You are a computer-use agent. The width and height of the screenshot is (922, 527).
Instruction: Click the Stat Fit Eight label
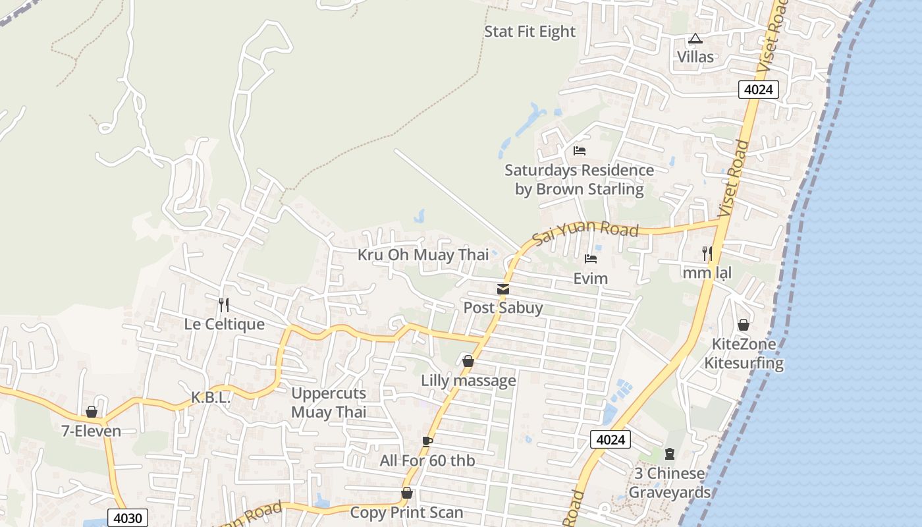coord(529,32)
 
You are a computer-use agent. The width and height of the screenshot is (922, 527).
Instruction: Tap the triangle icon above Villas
coord(695,39)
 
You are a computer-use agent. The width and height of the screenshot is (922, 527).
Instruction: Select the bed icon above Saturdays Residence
coord(580,151)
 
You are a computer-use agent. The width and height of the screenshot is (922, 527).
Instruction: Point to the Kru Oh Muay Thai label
coord(423,255)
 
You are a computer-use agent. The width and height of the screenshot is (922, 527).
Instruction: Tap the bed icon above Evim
coord(591,259)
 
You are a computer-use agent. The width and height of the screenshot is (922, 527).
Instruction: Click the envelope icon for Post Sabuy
coord(503,289)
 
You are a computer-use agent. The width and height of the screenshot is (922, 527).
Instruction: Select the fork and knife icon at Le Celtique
coord(224,304)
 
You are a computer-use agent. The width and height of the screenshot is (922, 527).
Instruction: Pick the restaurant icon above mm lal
coord(707,253)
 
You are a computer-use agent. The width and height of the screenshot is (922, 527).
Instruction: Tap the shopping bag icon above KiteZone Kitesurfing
coord(744,325)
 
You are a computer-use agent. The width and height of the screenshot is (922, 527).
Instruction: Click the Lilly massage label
coord(468,381)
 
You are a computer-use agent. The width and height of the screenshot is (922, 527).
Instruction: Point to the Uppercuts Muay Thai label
coord(329,402)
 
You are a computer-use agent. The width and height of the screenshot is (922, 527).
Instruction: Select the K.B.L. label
coord(210,398)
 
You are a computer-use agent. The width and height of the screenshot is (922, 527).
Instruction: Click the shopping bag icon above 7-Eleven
coord(92,412)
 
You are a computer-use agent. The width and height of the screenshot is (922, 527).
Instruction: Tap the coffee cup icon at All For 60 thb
coord(427,441)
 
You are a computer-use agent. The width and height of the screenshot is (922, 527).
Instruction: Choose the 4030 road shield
coord(127,518)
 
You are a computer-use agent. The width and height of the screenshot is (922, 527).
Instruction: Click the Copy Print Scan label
coord(406,513)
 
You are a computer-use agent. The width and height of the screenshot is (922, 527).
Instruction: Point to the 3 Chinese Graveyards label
coord(669,483)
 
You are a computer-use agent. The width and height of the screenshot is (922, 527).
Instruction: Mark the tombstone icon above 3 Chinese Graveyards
coord(670,453)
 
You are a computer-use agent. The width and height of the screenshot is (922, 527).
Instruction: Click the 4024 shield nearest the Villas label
coord(758,90)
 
